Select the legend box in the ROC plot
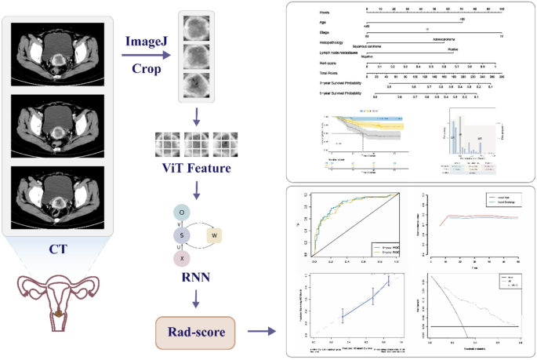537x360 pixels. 388,250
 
